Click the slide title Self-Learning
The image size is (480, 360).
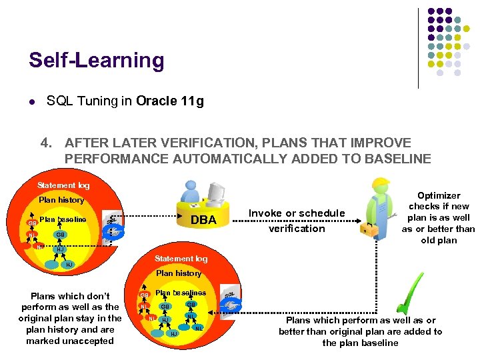96,61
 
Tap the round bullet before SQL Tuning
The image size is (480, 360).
31,103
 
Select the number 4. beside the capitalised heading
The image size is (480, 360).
46,143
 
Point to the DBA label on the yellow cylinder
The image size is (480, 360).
203,220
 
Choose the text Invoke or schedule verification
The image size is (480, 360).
297,221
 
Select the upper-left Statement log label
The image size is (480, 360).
63,185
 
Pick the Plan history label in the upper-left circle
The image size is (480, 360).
61,200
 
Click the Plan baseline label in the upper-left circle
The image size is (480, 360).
63,219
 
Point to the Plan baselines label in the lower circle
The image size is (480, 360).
181,293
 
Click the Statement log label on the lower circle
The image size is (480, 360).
181,259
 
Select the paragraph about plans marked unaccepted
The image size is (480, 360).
71,318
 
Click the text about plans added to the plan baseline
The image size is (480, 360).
360,331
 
